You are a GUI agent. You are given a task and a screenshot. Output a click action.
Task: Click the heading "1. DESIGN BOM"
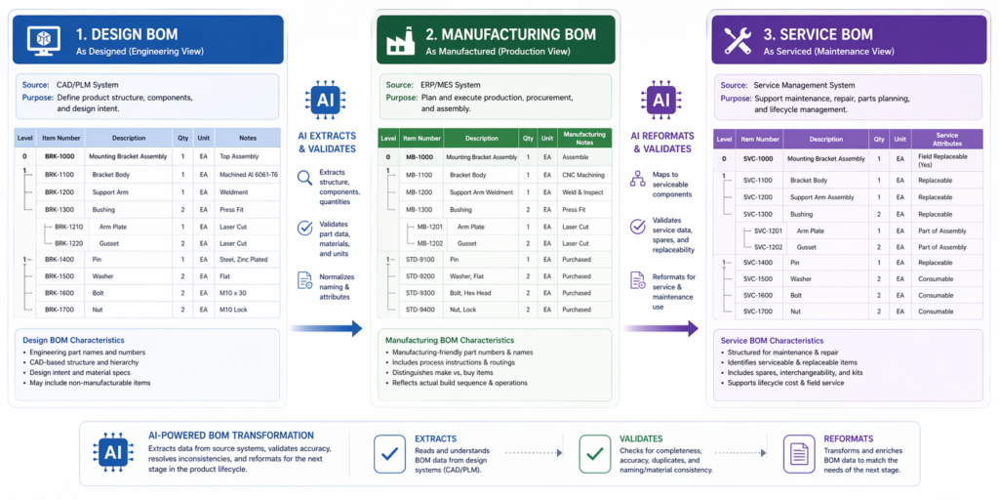127,34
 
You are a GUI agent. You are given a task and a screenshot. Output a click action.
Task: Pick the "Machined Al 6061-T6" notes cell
249,174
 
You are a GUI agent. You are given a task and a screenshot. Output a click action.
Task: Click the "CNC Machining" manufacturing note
583,175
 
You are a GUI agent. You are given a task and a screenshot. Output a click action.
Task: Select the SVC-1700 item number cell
757,312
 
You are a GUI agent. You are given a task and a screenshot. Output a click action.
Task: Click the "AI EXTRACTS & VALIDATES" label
325,142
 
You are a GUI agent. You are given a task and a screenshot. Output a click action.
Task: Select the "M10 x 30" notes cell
235,293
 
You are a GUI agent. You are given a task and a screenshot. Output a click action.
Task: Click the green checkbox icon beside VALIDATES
594,452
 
